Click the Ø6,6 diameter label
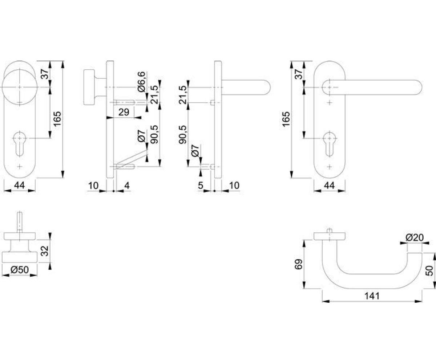click(x=142, y=82)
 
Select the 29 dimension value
click(x=124, y=112)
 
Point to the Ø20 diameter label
click(x=414, y=238)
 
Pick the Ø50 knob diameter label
click(x=20, y=270)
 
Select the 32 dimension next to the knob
click(x=44, y=251)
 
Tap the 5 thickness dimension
click(x=201, y=186)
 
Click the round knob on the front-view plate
click(x=18, y=87)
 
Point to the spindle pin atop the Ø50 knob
click(x=20, y=222)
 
